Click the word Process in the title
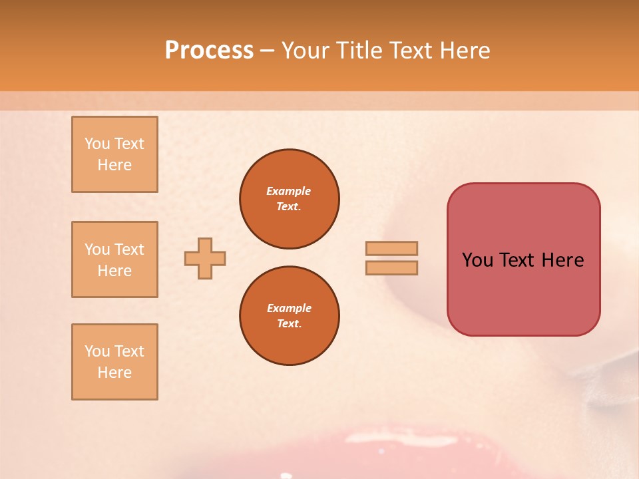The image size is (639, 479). click(209, 51)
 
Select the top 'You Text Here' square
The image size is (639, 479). click(114, 154)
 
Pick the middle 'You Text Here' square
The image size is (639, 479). click(114, 259)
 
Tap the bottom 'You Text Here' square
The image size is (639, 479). click(114, 362)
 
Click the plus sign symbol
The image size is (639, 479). click(205, 258)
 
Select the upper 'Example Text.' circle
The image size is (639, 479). click(289, 199)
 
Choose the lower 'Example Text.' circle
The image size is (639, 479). click(289, 316)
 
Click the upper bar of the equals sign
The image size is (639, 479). click(391, 249)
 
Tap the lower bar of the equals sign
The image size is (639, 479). click(391, 268)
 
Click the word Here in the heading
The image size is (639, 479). click(465, 51)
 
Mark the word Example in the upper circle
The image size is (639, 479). click(288, 192)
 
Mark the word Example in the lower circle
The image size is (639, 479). click(288, 309)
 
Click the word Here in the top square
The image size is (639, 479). click(114, 166)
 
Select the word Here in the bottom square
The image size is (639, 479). click(114, 373)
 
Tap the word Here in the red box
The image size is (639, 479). click(562, 260)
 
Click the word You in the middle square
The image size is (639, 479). click(97, 249)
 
